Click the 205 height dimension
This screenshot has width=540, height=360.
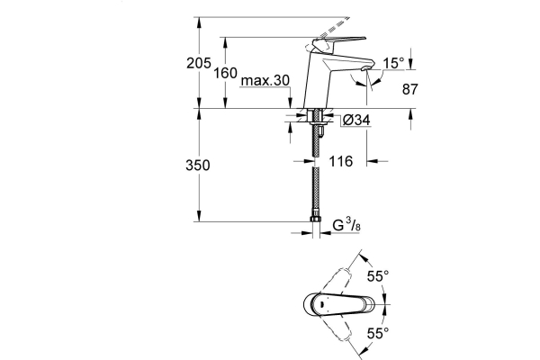[199, 64]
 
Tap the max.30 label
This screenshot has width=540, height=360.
[265, 80]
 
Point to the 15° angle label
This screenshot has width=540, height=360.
[391, 64]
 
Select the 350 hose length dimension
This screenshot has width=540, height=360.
[199, 166]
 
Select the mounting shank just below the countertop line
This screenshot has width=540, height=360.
[315, 118]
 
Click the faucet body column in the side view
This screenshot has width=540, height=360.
[320, 81]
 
